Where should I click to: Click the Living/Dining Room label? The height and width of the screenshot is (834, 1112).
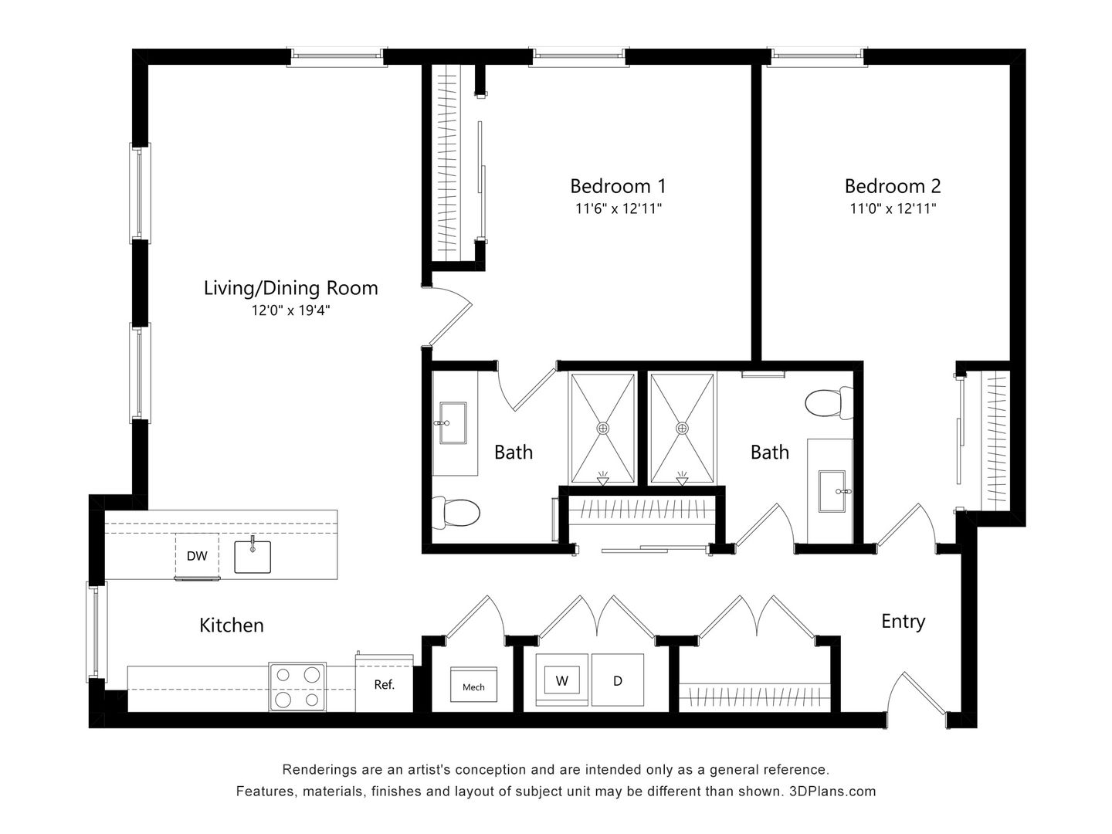290,288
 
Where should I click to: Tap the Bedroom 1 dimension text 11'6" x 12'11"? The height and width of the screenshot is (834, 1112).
618,208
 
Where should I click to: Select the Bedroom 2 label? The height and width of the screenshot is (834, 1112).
892,186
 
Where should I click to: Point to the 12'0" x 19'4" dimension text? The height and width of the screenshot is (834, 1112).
290,310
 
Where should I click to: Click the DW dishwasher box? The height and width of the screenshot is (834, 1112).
197,555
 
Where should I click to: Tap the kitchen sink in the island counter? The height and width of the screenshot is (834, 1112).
253,555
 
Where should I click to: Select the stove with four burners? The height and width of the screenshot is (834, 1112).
297,687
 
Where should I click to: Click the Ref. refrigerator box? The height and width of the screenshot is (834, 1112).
384,684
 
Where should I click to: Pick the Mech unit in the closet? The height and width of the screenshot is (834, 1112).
473,686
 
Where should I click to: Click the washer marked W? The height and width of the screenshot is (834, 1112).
562,680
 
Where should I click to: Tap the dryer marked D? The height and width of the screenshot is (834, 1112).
617,680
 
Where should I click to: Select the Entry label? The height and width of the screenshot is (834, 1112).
903,622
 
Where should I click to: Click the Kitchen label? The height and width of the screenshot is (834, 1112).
232,625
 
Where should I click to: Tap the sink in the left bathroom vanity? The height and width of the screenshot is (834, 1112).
452,423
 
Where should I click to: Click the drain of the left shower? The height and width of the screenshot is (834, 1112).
603,428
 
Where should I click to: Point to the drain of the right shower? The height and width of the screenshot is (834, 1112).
682,428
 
